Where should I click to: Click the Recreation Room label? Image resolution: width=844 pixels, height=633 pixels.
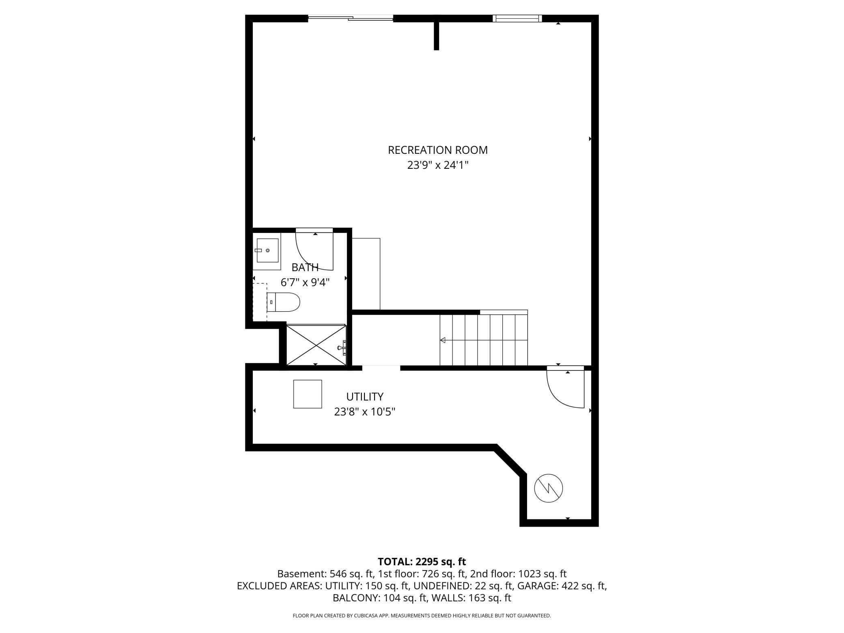pyautogui.click(x=437, y=150)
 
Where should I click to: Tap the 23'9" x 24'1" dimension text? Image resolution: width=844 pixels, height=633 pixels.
pyautogui.click(x=437, y=166)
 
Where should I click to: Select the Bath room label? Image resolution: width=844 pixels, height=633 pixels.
pyautogui.click(x=305, y=267)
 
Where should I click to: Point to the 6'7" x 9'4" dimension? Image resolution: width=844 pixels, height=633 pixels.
pyautogui.click(x=305, y=282)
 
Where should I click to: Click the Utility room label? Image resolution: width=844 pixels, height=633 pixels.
pyautogui.click(x=364, y=396)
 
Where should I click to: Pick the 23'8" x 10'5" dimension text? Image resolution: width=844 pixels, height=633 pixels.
pyautogui.click(x=364, y=412)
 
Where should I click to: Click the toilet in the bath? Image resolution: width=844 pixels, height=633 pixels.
pyautogui.click(x=284, y=302)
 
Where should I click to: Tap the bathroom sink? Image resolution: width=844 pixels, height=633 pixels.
pyautogui.click(x=267, y=250)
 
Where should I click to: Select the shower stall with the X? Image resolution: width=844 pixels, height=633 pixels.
pyautogui.click(x=316, y=344)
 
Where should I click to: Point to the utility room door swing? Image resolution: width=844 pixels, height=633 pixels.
pyautogui.click(x=565, y=388)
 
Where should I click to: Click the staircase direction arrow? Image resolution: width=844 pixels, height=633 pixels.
pyautogui.click(x=443, y=340)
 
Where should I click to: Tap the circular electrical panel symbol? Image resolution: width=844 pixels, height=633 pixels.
pyautogui.click(x=548, y=488)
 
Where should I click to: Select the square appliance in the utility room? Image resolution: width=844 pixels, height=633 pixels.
pyautogui.click(x=308, y=394)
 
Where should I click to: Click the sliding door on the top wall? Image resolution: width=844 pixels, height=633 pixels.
pyautogui.click(x=351, y=18)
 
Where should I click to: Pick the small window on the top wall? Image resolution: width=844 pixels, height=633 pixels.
pyautogui.click(x=517, y=18)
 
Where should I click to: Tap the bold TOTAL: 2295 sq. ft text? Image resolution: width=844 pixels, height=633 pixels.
pyautogui.click(x=422, y=562)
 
